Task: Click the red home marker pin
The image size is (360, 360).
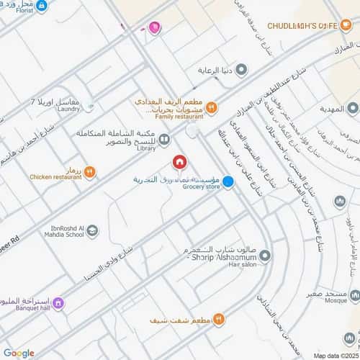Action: coord(180,161)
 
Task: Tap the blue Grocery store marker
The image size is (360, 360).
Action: coord(228,182)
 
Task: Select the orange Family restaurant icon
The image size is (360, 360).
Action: coord(212,107)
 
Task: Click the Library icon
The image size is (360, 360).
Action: coord(165,140)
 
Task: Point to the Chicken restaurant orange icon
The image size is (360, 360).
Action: coord(89,171)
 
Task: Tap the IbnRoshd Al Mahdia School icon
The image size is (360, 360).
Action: coord(93,230)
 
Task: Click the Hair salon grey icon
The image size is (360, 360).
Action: coord(264,256)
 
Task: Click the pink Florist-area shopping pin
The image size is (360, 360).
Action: coord(154,27)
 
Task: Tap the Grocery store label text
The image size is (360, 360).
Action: coord(199,187)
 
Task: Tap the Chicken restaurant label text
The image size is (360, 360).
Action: coord(53,176)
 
